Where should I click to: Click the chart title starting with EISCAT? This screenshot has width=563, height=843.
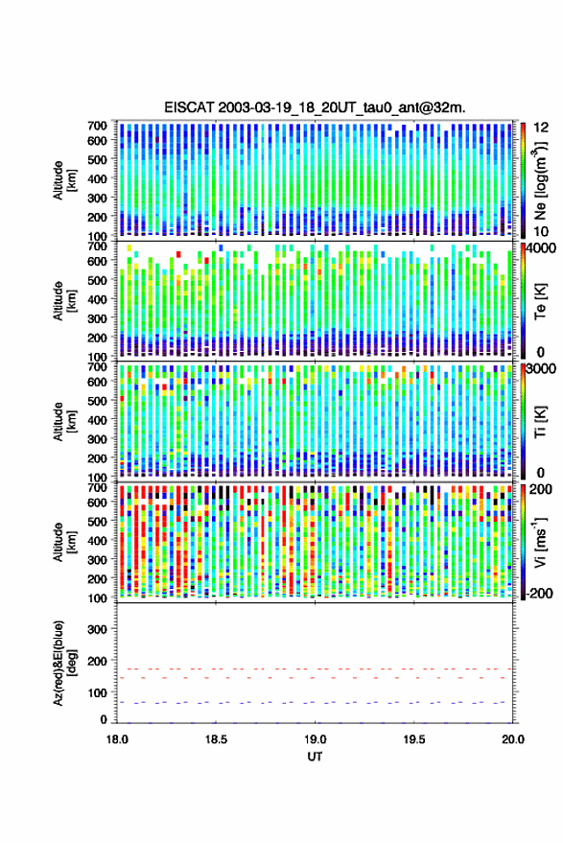coord(316,107)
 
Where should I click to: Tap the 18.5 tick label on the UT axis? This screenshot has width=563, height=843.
coord(216,739)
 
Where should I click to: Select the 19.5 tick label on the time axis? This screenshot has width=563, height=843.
coord(414,739)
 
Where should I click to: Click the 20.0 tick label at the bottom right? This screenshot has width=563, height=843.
coord(513,739)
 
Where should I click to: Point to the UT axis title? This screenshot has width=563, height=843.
coord(316,757)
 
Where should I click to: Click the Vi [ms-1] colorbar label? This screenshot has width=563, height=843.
coord(541,542)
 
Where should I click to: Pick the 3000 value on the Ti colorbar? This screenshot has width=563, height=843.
coord(541,369)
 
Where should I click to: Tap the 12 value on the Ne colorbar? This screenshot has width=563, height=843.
coord(542,128)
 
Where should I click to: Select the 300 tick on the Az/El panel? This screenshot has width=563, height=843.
coord(97,629)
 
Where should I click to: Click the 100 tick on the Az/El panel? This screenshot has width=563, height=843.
coord(97,693)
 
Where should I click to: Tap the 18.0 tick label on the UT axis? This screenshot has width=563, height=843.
coord(117,739)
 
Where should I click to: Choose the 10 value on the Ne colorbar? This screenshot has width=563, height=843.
coord(542,232)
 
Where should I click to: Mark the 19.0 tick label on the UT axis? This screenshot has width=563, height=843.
coord(316,739)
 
